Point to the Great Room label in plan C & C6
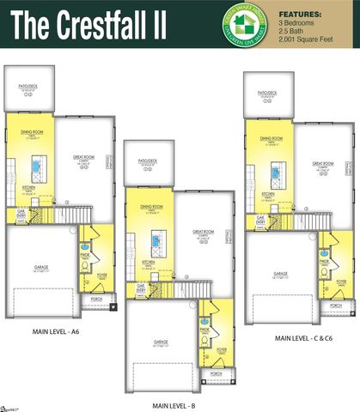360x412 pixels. pyautogui.click(x=322, y=164)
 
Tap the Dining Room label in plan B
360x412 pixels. pyautogui.click(x=152, y=206)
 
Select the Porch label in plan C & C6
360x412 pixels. pyautogui.click(x=336, y=306)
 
